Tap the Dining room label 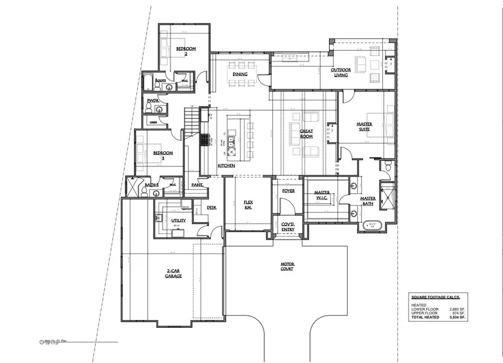240,74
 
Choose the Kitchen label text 226,166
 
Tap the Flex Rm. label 248,205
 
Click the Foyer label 288,191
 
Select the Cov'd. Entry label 288,226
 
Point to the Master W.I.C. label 322,197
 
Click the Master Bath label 368,201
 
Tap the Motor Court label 287,266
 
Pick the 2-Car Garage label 172,274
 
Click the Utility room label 178,221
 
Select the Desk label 211,207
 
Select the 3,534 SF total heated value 459,317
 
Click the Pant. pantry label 197,184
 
